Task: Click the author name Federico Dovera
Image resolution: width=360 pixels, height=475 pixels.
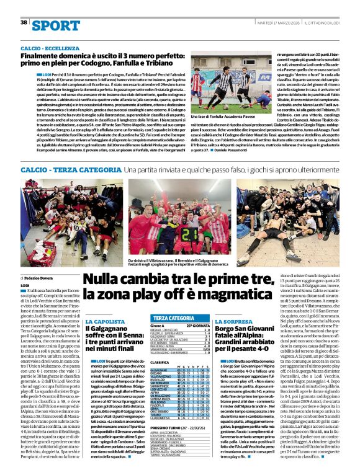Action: [40, 279]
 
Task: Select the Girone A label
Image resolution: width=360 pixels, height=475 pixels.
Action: [159, 326]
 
